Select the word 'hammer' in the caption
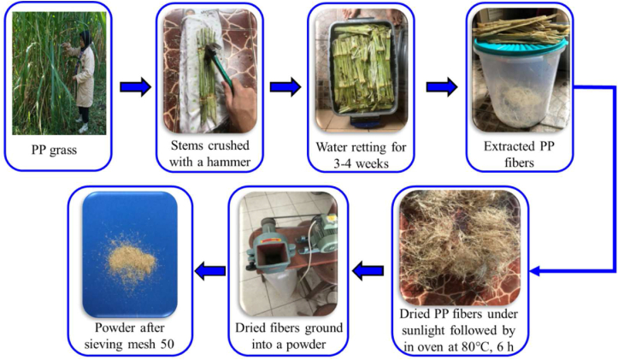pyautogui.click(x=227, y=157)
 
